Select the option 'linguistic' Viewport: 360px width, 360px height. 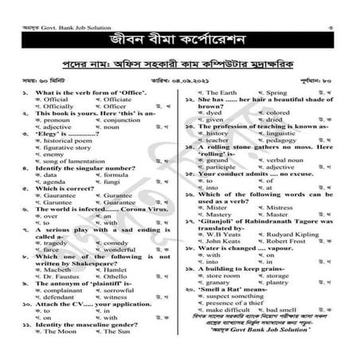[x=268, y=133]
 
